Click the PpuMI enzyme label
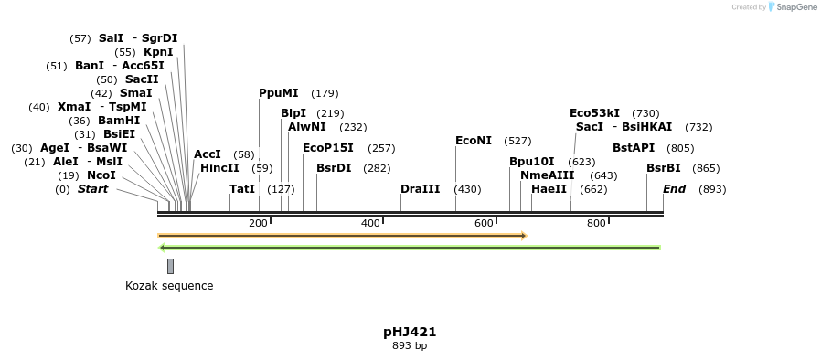click(x=278, y=93)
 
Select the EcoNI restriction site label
click(x=474, y=141)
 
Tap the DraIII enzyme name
click(x=420, y=189)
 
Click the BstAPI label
click(x=634, y=148)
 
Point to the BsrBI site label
click(x=663, y=168)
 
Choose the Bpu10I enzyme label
click(x=531, y=162)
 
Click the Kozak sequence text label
click(x=169, y=286)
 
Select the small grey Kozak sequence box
click(x=170, y=266)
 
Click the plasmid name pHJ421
click(x=410, y=332)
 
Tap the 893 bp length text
click(x=410, y=346)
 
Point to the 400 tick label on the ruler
click(x=370, y=224)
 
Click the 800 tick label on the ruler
click(x=596, y=224)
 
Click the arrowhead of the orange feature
click(x=524, y=236)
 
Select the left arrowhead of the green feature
click(x=162, y=248)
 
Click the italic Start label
click(x=92, y=189)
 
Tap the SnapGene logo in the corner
click(x=792, y=7)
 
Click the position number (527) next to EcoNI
click(x=517, y=141)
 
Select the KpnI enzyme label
click(x=158, y=52)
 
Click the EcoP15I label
click(x=327, y=148)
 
